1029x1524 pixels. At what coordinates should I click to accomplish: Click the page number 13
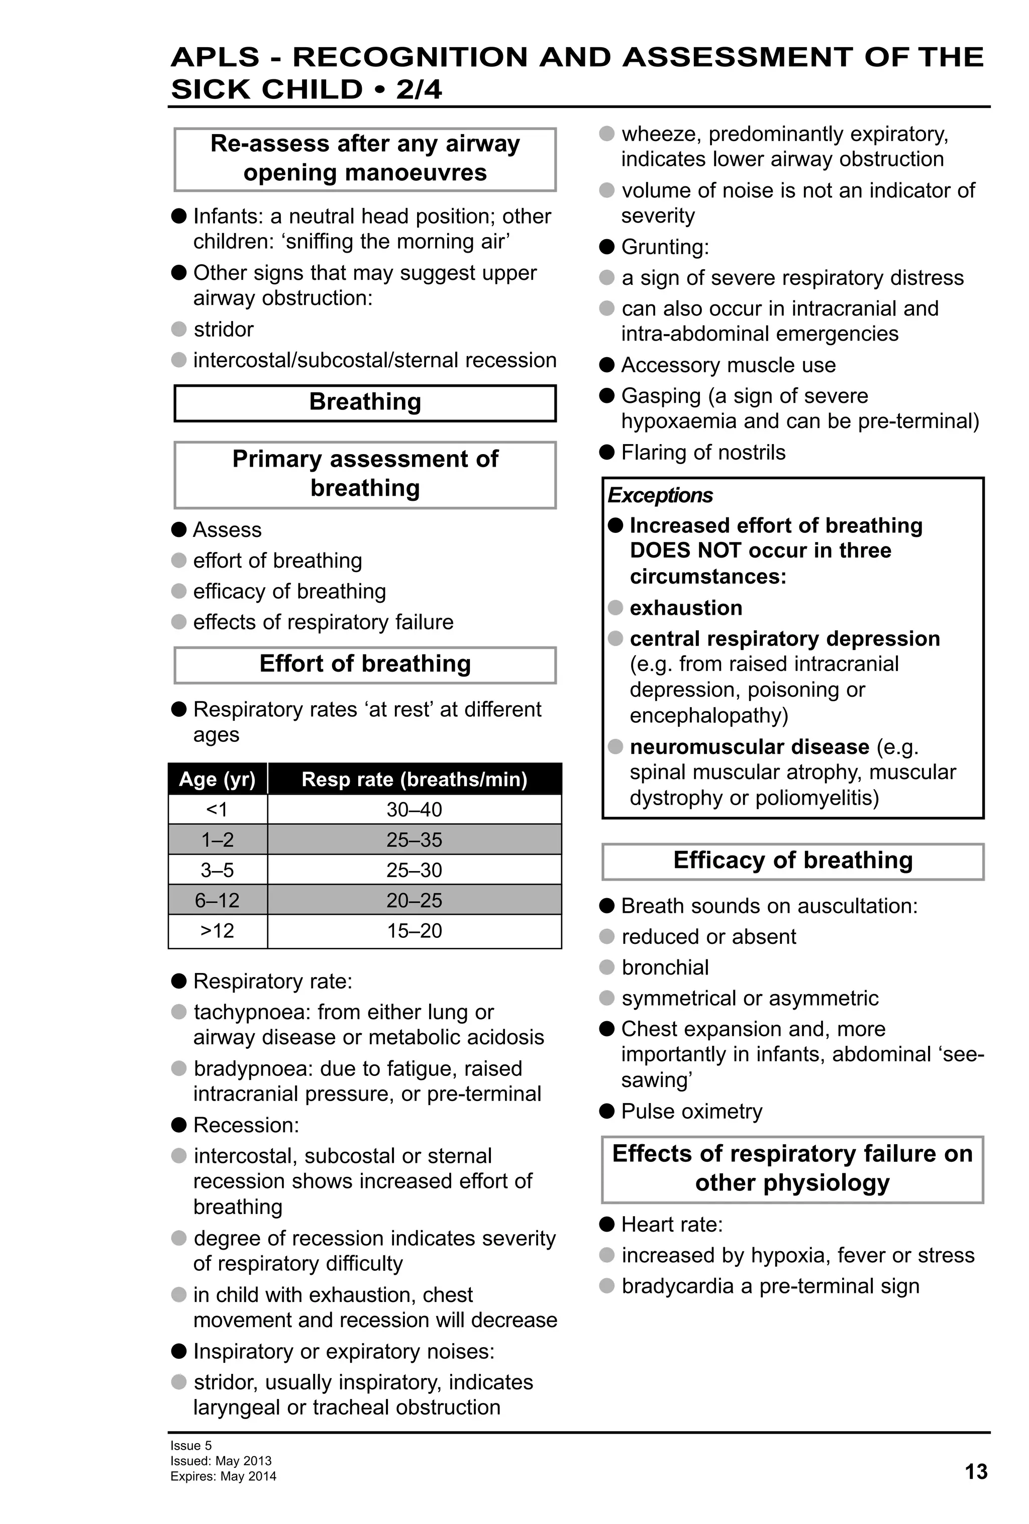(x=975, y=1472)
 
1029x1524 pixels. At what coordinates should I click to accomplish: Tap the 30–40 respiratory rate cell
(x=414, y=809)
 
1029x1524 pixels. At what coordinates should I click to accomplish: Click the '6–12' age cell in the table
(x=217, y=900)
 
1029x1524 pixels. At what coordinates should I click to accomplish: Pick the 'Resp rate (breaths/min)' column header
(x=414, y=779)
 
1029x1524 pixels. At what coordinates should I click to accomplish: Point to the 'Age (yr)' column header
(x=217, y=779)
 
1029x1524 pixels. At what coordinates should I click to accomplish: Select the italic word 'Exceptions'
(x=660, y=495)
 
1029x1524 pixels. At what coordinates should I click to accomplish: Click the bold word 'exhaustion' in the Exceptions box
(x=685, y=608)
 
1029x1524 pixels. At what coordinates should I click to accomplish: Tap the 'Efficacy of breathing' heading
(x=792, y=860)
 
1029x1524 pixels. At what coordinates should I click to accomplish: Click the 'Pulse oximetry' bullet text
(x=691, y=1111)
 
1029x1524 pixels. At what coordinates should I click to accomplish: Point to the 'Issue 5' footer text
(x=191, y=1445)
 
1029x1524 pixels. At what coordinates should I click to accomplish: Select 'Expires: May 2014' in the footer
(x=223, y=1476)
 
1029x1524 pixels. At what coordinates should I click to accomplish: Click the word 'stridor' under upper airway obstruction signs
(x=223, y=329)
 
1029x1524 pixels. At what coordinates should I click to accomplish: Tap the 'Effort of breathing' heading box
(x=365, y=664)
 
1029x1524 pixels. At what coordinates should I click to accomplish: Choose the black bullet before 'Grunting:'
(x=606, y=247)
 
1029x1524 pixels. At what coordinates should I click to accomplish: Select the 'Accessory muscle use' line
(x=728, y=365)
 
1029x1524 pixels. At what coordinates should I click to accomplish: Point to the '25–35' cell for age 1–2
(x=414, y=839)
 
